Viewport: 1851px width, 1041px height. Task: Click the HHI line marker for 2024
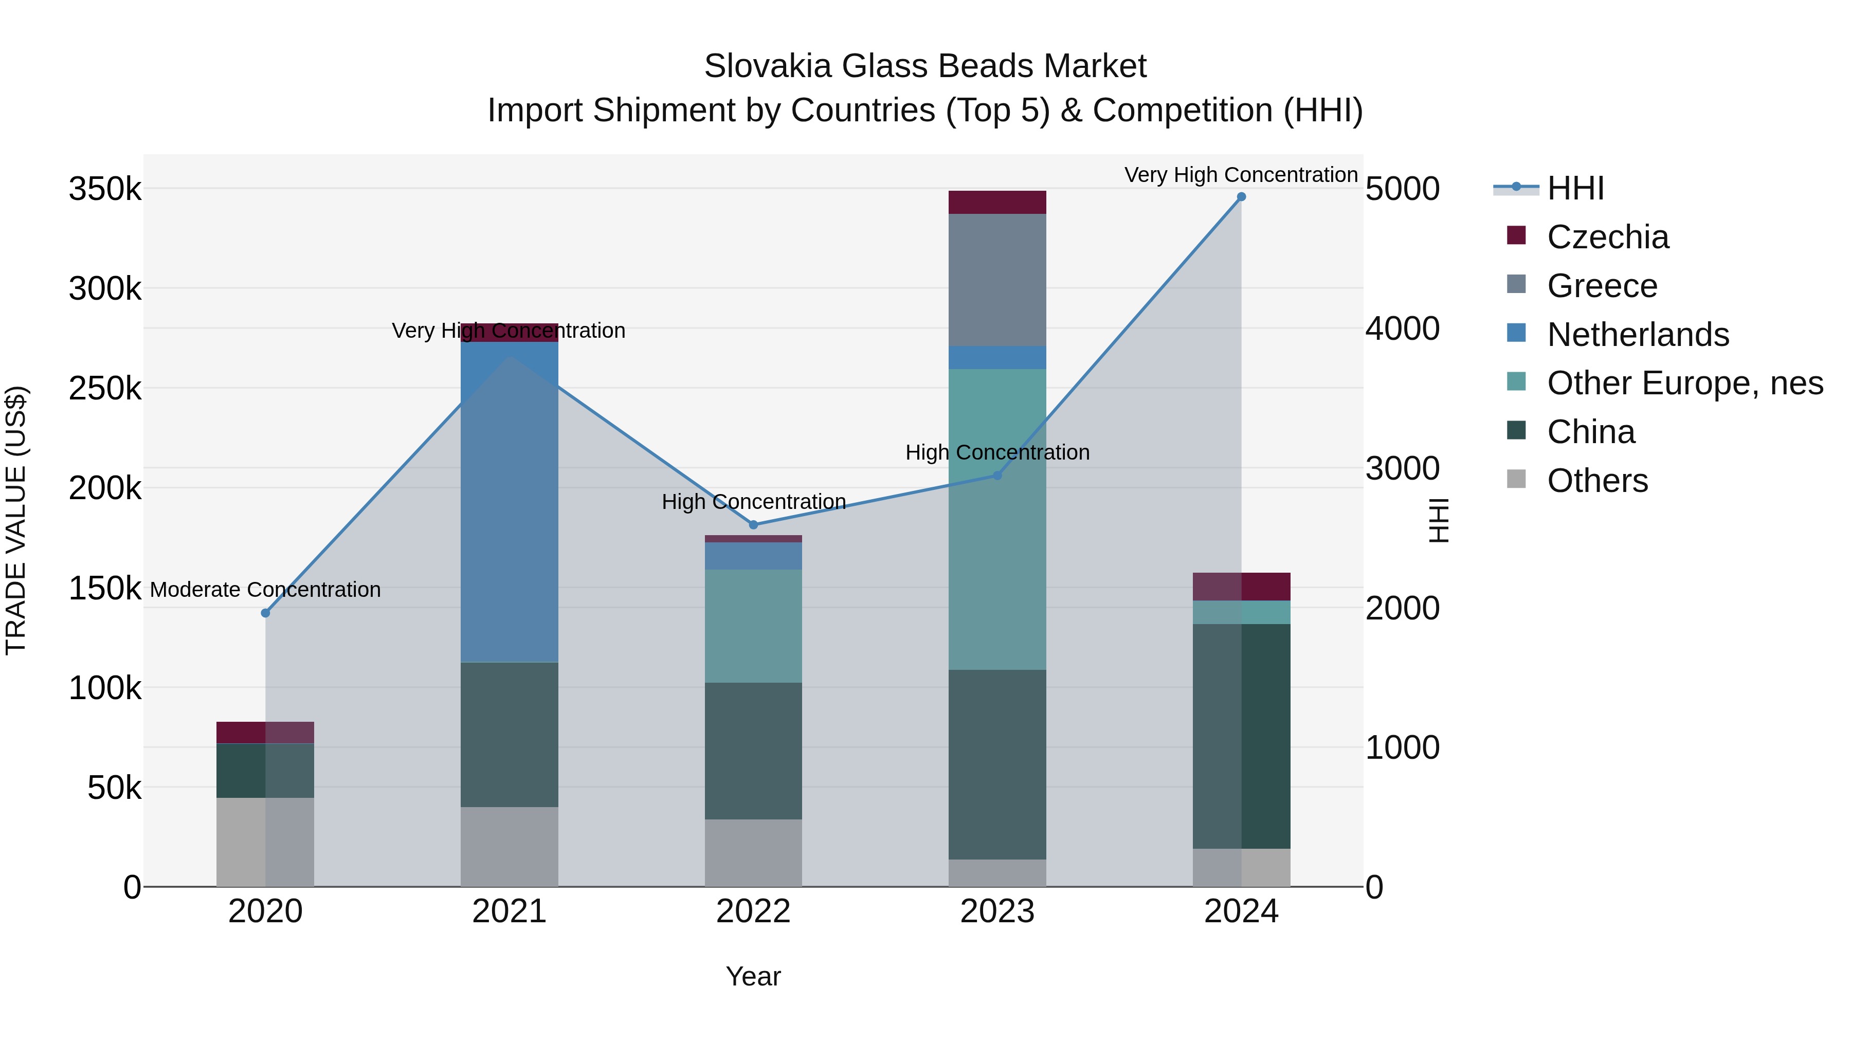(x=1241, y=197)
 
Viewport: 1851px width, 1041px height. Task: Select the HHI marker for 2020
(x=265, y=613)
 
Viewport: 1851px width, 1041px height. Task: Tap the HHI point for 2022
(x=753, y=524)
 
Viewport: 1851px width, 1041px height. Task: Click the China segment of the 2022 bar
(x=753, y=751)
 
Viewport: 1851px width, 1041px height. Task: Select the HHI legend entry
(x=1574, y=188)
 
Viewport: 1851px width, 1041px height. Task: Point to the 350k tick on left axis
(x=105, y=190)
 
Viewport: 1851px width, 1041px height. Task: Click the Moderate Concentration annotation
(x=265, y=590)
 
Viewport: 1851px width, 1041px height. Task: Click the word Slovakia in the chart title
(x=768, y=66)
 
